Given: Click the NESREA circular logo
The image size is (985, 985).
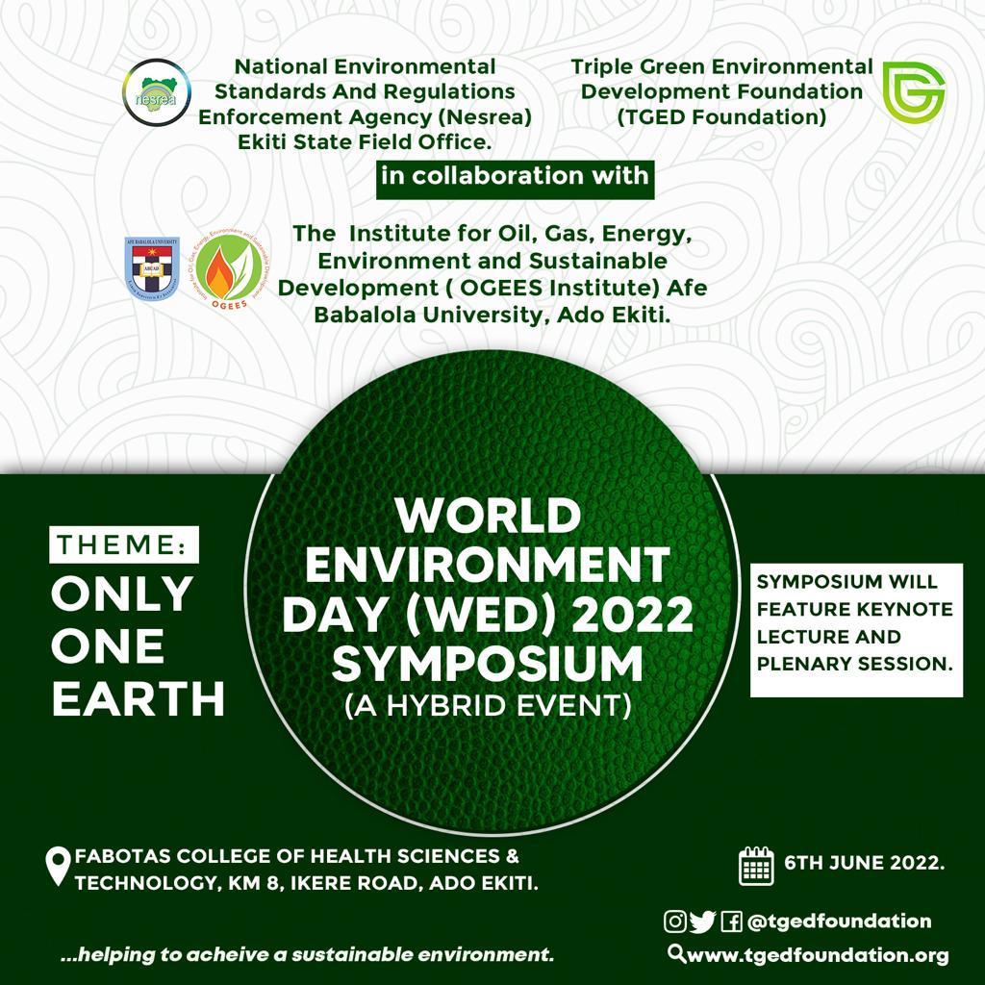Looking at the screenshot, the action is coord(157,93).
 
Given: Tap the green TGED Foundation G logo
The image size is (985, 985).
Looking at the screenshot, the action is coord(914,91).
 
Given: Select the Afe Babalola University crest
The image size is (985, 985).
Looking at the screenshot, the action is coord(152,269).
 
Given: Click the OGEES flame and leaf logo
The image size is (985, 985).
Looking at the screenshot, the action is coord(230,270).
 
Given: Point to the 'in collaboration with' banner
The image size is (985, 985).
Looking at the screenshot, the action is coord(516,180).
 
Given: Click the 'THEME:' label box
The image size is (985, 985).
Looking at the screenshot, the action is coord(124,544).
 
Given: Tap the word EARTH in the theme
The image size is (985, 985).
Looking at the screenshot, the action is coord(139,698).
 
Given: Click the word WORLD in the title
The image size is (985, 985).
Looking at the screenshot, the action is coord(488,516).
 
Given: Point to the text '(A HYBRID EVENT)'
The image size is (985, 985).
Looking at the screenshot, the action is coord(488,705).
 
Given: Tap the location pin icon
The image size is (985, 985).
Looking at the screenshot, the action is coord(59,867).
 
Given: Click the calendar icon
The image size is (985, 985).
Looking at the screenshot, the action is coord(756,866).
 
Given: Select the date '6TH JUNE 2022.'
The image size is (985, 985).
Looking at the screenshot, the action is coord(865,863).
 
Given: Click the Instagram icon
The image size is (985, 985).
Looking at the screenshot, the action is coord(675,922).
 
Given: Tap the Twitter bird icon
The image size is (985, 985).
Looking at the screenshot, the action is coord(702,922).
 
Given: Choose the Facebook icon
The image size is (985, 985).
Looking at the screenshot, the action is coord(731,922).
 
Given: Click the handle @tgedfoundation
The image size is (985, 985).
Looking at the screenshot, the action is coord(839,922).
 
